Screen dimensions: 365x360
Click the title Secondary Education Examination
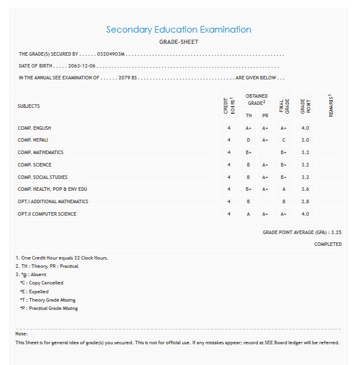178,30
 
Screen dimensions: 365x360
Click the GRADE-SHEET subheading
179,42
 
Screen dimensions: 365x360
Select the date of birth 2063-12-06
82,66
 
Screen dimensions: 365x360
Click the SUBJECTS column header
29,106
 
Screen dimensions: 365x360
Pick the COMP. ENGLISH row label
34,128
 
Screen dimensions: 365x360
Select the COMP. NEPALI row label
33,140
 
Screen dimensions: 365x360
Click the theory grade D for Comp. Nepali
249,140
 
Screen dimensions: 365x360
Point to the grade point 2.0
305,140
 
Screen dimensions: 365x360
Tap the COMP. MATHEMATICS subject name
40,152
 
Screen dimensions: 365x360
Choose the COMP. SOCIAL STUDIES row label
43,177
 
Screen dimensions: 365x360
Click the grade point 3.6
305,189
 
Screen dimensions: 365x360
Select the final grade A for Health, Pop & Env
284,189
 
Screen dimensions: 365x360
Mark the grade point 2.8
305,201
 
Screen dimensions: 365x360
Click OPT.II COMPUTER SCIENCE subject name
47,214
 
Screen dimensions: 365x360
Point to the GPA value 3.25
336,232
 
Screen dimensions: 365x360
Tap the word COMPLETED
327,244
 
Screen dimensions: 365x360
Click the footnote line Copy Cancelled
41,283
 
